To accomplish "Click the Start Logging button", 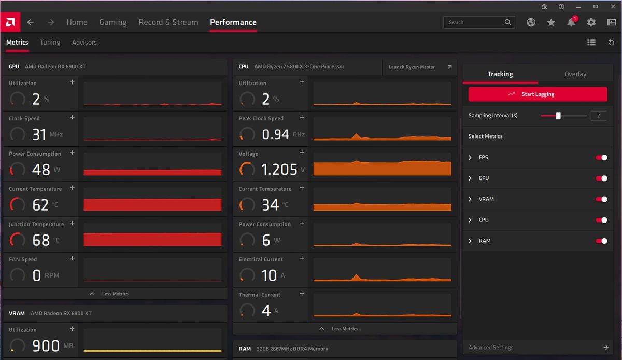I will click(538, 94).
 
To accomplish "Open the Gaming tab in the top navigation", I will click(113, 22).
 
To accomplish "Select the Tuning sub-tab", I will click(50, 43).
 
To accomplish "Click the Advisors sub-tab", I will click(84, 43).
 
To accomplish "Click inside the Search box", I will click(474, 22).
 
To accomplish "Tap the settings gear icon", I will click(591, 22).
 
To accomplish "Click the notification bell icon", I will click(571, 22).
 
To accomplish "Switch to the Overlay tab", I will click(575, 74).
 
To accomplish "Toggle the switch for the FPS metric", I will click(601, 158).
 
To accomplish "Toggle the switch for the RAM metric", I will click(601, 241).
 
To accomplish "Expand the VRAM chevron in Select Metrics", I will click(470, 199).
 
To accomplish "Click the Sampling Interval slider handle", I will click(558, 116).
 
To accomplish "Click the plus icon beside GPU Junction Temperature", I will click(72, 223).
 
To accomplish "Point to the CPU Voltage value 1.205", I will click(279, 170).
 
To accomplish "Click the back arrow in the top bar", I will click(31, 22).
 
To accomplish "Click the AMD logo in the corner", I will click(10, 22).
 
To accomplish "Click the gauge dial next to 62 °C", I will click(18, 205).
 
